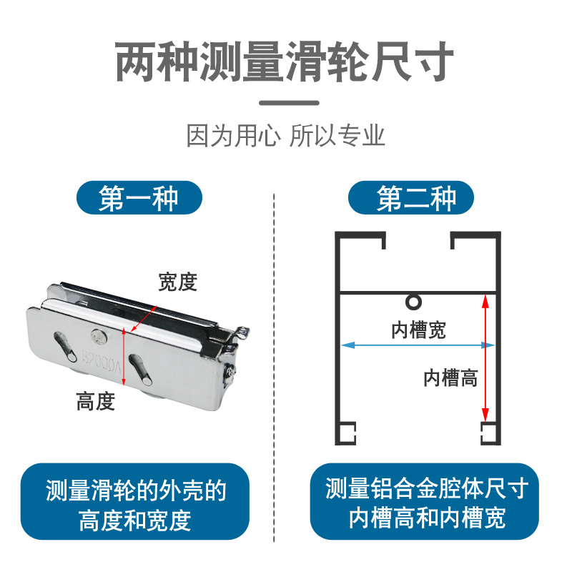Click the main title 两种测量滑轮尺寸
tap(285, 63)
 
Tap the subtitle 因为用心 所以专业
tap(285, 135)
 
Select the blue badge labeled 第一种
tap(139, 198)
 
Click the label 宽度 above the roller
tap(177, 282)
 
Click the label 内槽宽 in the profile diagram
tap(418, 330)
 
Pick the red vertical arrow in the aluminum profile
tap(485, 357)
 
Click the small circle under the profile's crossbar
tap(413, 301)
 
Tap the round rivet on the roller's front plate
tap(97, 334)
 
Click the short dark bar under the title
tap(286, 102)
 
